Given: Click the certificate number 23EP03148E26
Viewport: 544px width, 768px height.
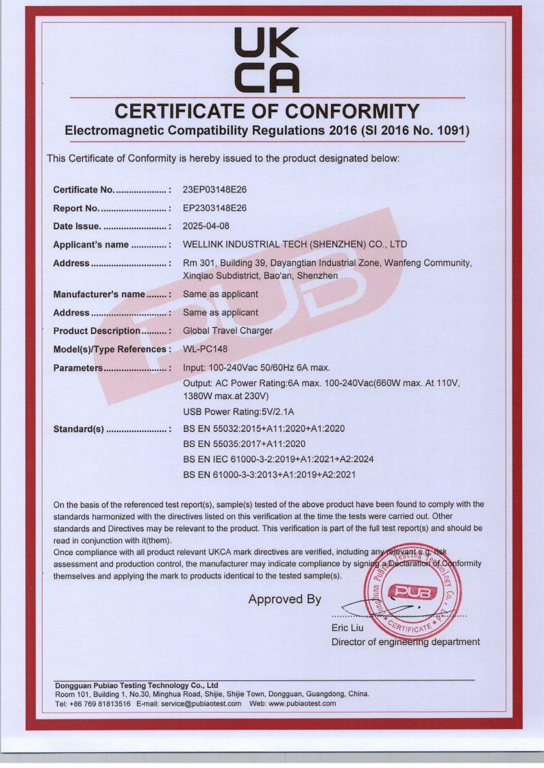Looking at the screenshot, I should (x=224, y=189).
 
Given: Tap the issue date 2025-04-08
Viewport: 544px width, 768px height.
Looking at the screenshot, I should (x=208, y=226).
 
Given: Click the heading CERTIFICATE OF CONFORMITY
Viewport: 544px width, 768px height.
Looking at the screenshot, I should (x=271, y=111).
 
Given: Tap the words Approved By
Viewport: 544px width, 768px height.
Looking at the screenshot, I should (x=284, y=600).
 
